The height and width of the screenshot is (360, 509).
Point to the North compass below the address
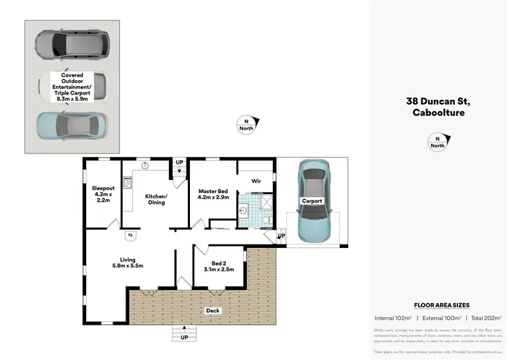click(x=438, y=141)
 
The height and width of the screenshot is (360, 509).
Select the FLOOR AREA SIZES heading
click(x=441, y=306)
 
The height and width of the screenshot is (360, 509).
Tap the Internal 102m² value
click(x=395, y=318)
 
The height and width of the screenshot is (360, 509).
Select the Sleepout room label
click(x=103, y=194)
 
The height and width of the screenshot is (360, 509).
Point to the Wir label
click(x=257, y=181)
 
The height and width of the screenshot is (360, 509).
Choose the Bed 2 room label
click(x=219, y=266)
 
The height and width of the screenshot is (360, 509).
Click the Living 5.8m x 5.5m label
click(x=128, y=263)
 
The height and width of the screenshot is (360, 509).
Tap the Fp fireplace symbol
click(x=130, y=236)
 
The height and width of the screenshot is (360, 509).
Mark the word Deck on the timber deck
click(x=214, y=311)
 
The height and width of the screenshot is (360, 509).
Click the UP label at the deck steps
click(x=184, y=337)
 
